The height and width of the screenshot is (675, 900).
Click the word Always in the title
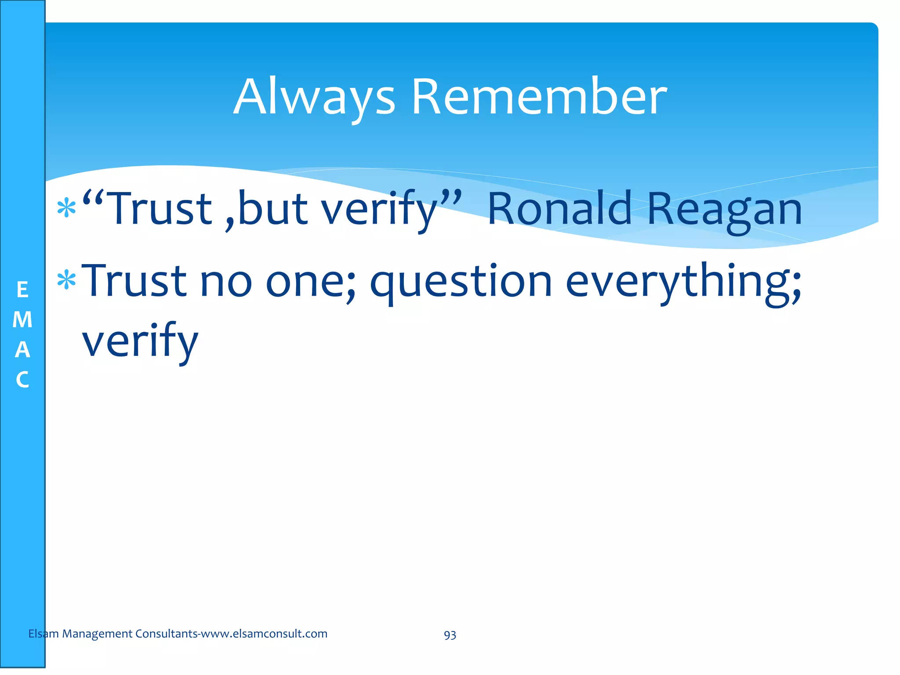[314, 98]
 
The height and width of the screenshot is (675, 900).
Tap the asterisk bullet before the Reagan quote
[67, 208]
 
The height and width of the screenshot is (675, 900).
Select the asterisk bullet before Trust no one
[67, 280]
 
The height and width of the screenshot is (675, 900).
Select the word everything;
[684, 282]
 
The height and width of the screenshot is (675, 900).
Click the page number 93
[450, 635]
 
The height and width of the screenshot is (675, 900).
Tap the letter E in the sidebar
[22, 290]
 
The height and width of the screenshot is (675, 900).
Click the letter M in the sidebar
[22, 320]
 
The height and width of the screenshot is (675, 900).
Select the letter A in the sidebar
[22, 350]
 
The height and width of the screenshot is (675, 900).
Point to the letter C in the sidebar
[22, 380]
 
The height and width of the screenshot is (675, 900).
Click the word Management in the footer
[97, 634]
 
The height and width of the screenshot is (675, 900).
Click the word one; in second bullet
[310, 282]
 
